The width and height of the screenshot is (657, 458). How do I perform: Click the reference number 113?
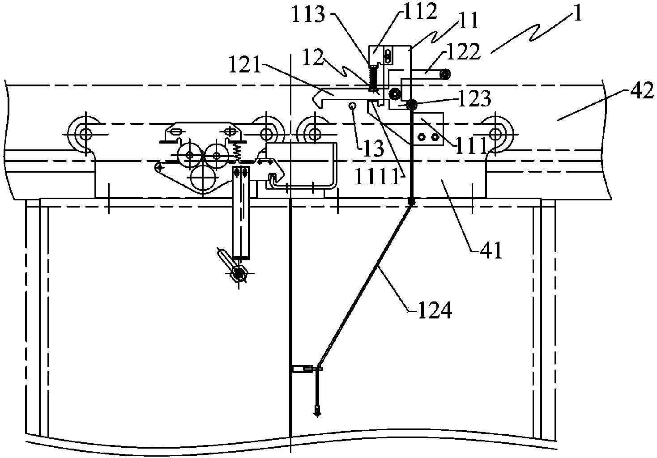[x=308, y=14]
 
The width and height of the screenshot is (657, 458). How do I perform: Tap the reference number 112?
[x=420, y=12]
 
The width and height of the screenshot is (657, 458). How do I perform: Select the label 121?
[x=245, y=64]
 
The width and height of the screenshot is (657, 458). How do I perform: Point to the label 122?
[x=464, y=52]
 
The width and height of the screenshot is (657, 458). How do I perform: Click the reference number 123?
[x=474, y=99]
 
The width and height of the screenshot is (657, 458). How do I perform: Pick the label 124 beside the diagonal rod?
[x=435, y=310]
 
